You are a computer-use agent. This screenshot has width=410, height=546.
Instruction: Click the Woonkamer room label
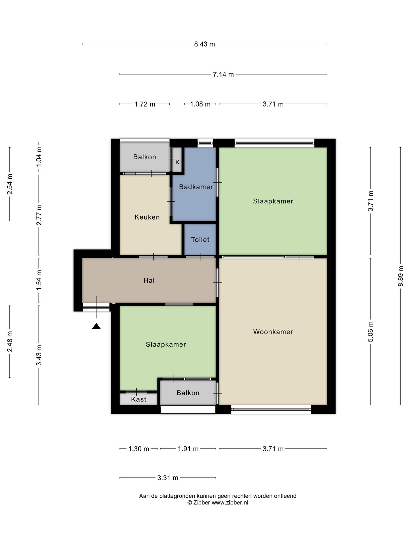(x=273, y=332)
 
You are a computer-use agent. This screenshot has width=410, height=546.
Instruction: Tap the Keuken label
(x=147, y=217)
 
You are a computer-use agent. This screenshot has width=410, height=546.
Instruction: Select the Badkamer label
(x=196, y=187)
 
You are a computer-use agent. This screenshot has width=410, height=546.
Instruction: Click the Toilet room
(x=200, y=239)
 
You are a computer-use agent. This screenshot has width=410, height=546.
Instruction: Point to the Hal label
(x=149, y=280)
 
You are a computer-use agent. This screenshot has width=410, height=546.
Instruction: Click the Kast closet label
(x=139, y=399)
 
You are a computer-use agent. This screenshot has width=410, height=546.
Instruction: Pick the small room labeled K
(x=177, y=162)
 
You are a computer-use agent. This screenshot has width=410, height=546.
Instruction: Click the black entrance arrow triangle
(x=96, y=326)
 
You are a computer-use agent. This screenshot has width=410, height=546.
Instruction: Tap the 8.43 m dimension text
(x=204, y=44)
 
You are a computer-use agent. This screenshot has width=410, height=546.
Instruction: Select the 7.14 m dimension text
(x=223, y=74)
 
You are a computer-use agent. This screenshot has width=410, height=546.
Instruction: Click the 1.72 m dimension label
(x=145, y=104)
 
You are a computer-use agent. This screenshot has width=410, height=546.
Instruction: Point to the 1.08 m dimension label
(x=200, y=104)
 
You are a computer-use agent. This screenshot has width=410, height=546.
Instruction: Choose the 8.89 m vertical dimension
(x=401, y=276)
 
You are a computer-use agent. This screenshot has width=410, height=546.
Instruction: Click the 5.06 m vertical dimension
(x=370, y=332)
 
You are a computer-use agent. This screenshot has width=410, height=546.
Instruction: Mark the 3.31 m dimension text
(x=168, y=478)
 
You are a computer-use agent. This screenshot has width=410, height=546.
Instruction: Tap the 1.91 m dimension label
(x=188, y=449)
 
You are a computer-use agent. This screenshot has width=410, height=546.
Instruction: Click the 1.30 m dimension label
(x=139, y=449)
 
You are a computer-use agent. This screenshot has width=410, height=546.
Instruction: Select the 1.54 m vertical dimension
(x=39, y=280)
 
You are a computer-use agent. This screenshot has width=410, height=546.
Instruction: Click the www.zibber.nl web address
(x=230, y=502)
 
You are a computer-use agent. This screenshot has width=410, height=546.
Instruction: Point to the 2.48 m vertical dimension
(x=10, y=341)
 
